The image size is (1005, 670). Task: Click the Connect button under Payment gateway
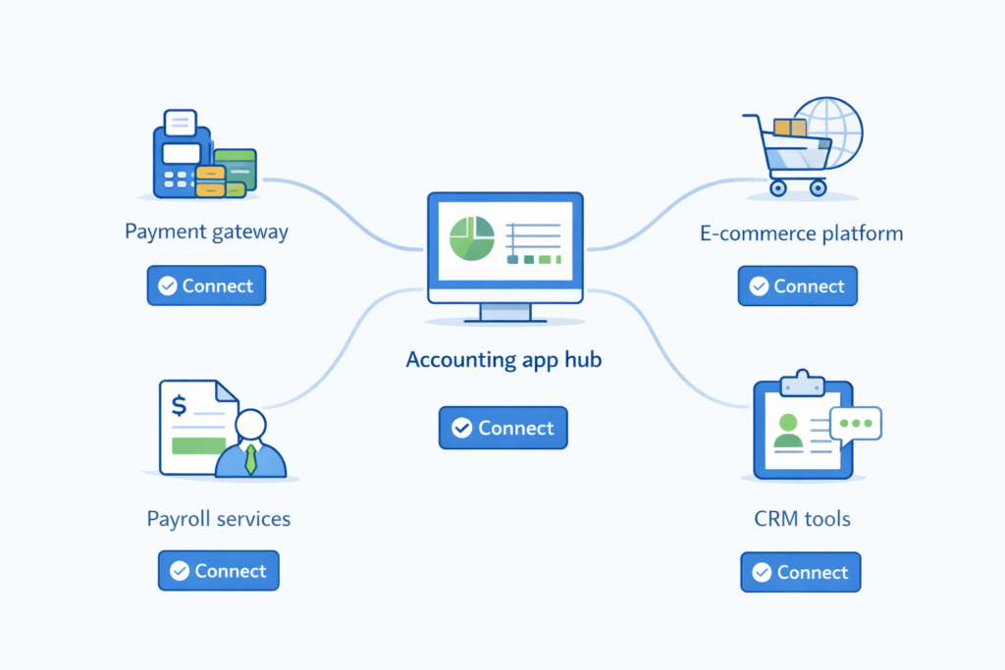pos(206,285)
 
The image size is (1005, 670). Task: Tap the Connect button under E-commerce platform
pos(797,286)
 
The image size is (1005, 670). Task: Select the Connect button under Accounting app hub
pos(502,428)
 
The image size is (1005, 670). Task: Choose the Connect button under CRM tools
pos(800,572)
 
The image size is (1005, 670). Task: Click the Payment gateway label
pos(206,232)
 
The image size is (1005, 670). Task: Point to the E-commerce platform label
pos(801,233)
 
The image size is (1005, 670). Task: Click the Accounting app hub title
pos(503,360)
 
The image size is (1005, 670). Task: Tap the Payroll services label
pos(218,518)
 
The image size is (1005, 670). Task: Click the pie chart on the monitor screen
pos(470,239)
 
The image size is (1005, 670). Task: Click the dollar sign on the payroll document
pos(179,405)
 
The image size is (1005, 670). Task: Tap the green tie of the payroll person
pos(250,459)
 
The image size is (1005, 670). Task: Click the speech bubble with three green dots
pos(855,424)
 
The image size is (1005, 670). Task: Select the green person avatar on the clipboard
pos(787,430)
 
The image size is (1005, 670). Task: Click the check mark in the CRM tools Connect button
pos(761,572)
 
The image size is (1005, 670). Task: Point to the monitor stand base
pos(504,318)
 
